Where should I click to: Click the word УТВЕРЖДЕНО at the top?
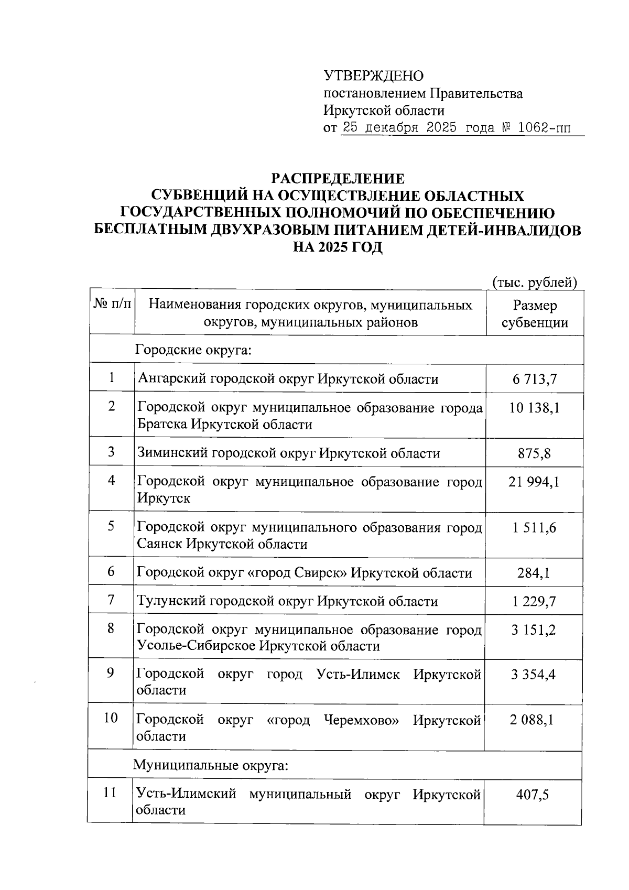[x=374, y=77]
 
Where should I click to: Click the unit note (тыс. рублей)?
[x=535, y=283]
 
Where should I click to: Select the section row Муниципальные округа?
[x=211, y=766]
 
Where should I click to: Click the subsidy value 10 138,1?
[x=534, y=408]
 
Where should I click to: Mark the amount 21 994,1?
[x=534, y=482]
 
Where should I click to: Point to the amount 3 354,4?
[x=533, y=674]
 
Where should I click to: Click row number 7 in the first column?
[x=111, y=599]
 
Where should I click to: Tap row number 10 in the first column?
[x=111, y=718]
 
